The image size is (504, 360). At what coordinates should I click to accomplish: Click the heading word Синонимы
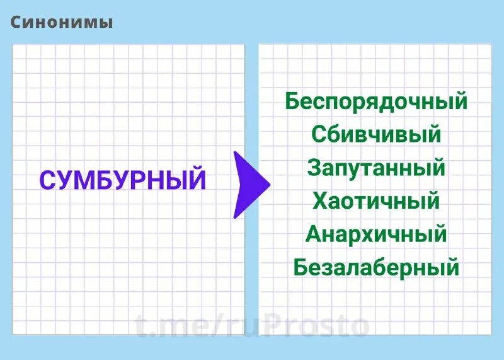(x=62, y=23)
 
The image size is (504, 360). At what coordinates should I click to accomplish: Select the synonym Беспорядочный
(x=376, y=102)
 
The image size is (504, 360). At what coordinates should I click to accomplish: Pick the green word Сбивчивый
(x=376, y=135)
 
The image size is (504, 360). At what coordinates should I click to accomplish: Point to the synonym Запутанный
(x=376, y=168)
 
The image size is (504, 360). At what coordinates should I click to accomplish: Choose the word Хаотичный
(x=376, y=202)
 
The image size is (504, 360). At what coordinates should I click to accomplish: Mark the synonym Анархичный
(x=376, y=235)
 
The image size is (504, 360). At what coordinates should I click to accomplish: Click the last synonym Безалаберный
(x=376, y=268)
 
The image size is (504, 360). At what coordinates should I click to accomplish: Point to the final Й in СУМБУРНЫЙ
(x=197, y=180)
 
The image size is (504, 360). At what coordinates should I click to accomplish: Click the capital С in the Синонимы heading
(x=16, y=23)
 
